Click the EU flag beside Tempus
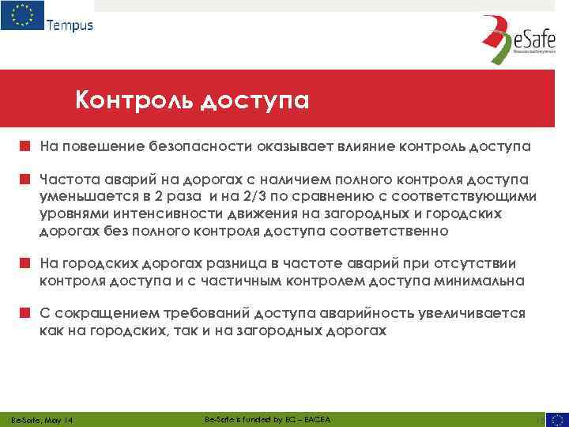21,17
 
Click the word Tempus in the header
70,25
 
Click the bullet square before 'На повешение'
25,146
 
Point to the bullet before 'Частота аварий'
25,179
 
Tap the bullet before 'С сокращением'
25,314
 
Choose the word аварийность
359,314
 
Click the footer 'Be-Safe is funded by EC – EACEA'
267,418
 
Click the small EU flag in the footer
556,419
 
